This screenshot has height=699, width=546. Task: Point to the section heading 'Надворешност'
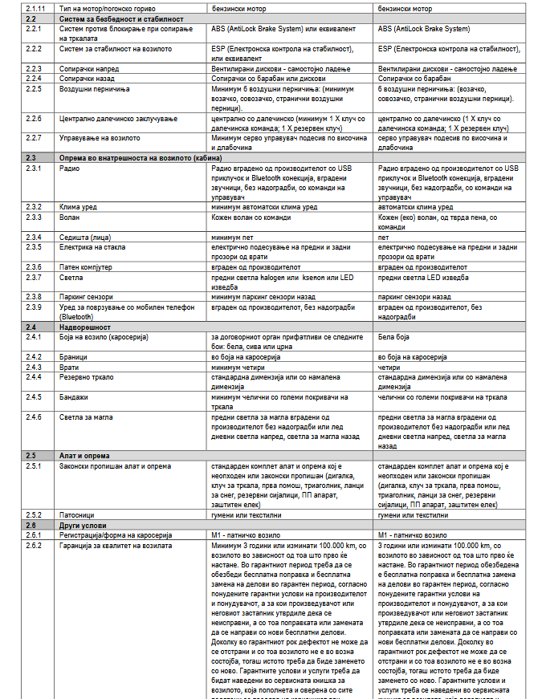tap(86, 327)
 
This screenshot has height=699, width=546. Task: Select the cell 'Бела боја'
tap(393, 337)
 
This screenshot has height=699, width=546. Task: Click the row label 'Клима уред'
tap(78, 207)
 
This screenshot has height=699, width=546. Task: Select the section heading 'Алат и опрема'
tap(85, 455)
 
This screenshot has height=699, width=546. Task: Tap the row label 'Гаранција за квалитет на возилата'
tap(115, 545)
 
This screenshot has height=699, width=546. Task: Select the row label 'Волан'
tap(70, 217)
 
